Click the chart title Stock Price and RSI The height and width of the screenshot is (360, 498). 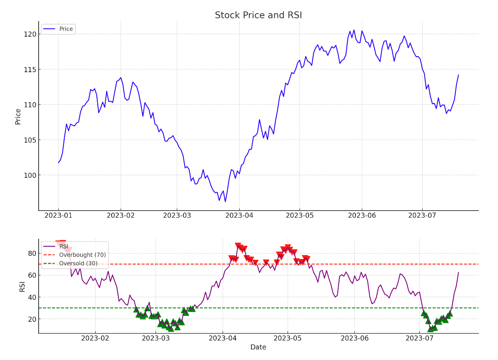pos(258,16)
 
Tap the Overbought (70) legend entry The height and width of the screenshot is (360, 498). pos(82,255)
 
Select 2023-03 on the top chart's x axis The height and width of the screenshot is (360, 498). pos(177,215)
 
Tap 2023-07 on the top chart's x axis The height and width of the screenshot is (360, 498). pos(422,215)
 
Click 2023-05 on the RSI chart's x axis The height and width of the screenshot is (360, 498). pos(288,338)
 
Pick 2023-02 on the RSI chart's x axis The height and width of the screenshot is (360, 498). pos(96,338)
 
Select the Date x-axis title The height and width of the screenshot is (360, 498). pos(258,347)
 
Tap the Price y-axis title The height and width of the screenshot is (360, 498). pos(18,116)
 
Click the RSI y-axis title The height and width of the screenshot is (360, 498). pos(22,286)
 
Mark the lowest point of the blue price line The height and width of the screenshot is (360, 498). pos(225,202)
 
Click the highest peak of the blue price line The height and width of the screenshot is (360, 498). pos(354,30)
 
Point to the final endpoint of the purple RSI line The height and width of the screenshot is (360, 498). pos(458,273)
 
